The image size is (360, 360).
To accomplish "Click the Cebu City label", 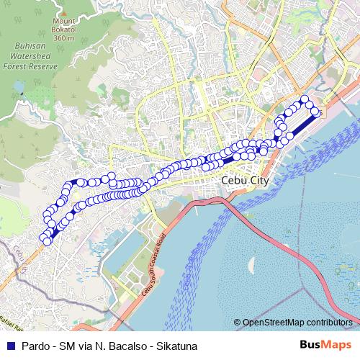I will coord(245,181).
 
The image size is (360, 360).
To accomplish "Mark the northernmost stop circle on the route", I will coord(305,99).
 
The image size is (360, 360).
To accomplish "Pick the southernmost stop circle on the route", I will coord(48,241).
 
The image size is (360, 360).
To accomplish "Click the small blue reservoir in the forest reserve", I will coord(22,93).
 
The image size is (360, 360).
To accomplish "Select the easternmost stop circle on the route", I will coord(317,112).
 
